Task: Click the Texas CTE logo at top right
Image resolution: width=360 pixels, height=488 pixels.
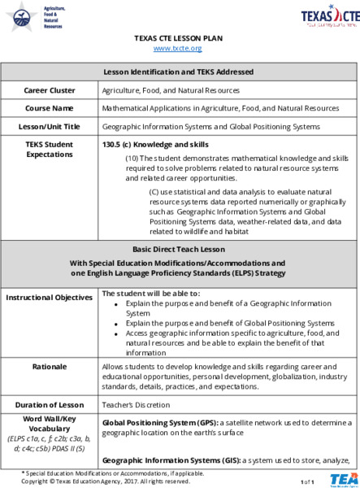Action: pos(329,15)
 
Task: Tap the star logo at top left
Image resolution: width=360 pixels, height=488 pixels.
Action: pos(20,15)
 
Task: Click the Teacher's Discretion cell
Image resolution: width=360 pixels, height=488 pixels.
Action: pos(131,404)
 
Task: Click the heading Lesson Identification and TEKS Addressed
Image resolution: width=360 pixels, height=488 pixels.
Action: pos(180,72)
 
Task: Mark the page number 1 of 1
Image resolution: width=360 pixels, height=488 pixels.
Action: pos(306,481)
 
